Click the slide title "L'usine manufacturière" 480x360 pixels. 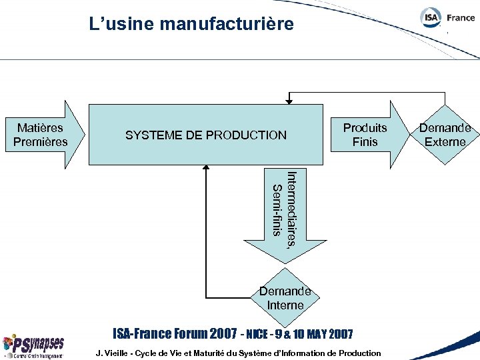(x=191, y=25)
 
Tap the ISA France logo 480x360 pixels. (x=447, y=19)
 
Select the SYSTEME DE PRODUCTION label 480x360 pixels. (x=205, y=135)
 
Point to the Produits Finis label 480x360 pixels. (x=365, y=135)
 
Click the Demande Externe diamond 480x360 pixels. (x=445, y=135)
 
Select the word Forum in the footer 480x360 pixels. (x=189, y=333)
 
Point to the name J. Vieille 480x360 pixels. (x=113, y=353)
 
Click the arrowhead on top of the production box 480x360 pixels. (x=289, y=101)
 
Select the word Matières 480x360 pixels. (x=40, y=128)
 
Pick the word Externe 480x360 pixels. (x=445, y=141)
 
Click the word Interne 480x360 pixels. (x=285, y=305)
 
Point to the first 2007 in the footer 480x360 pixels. (x=223, y=333)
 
